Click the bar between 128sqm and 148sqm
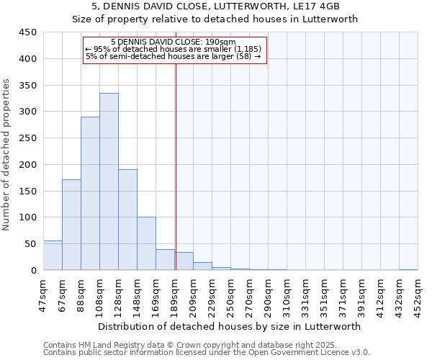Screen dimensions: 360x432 [127, 220]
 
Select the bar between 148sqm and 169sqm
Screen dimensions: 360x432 [146, 243]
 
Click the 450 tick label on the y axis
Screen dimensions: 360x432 [28, 32]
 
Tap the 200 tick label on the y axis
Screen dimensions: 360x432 [28, 164]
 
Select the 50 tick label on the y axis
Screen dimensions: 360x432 [31, 243]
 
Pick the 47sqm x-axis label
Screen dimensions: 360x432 [44, 294]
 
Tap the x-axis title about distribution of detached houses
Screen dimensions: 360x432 [230, 326]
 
